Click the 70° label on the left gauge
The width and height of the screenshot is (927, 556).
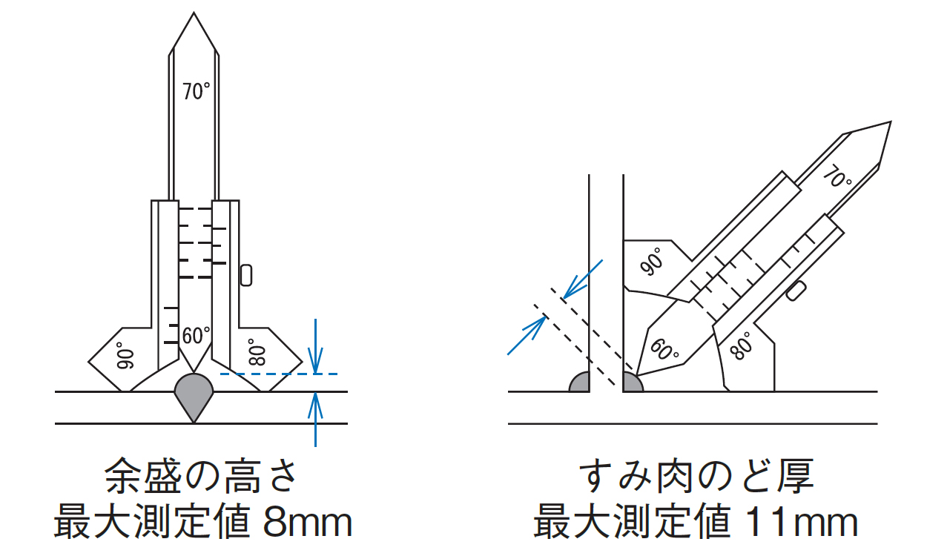click(197, 91)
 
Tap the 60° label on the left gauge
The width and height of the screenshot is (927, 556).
click(197, 335)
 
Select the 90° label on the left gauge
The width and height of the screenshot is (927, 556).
click(125, 355)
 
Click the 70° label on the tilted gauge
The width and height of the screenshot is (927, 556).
click(837, 176)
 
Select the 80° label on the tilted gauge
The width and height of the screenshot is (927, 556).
click(740, 345)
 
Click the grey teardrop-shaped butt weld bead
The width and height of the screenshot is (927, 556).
click(194, 395)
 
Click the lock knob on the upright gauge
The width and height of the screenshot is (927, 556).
click(245, 275)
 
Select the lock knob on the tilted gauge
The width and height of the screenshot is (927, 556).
click(796, 291)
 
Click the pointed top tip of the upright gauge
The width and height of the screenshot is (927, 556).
click(194, 12)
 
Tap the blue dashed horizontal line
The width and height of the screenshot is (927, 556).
click(279, 374)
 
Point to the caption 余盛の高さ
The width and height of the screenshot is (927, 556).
click(200, 475)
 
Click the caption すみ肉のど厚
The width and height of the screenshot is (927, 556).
click(696, 475)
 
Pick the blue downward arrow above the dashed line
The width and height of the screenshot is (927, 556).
click(315, 346)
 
